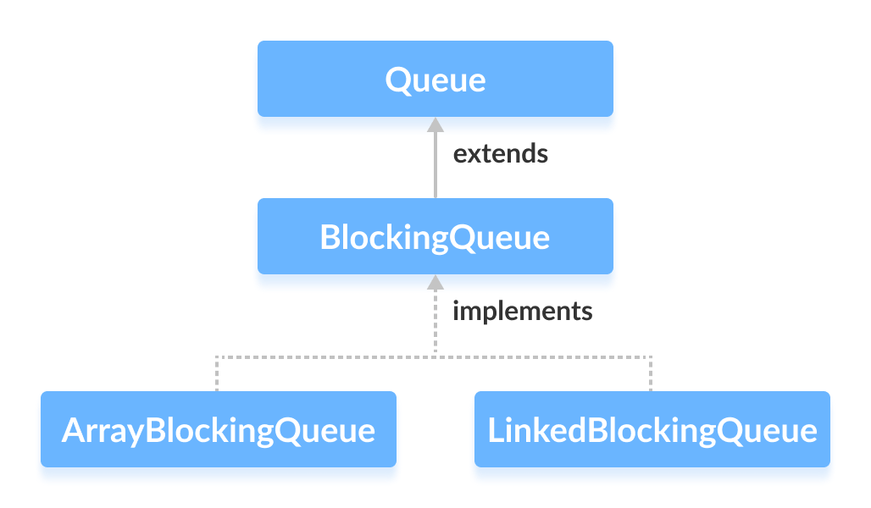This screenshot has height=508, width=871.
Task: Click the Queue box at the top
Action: coord(435,79)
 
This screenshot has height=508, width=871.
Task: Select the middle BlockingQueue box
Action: coord(435,236)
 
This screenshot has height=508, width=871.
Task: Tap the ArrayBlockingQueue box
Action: coord(218,429)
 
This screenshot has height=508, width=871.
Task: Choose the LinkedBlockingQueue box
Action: coord(652,429)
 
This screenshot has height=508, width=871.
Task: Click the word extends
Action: coord(500,154)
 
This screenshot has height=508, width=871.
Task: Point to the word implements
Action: coord(522,311)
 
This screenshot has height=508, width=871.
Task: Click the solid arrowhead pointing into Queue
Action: coord(435,124)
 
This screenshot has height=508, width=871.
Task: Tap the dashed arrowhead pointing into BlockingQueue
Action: coord(435,282)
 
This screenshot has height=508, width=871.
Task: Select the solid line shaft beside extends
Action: coord(435,165)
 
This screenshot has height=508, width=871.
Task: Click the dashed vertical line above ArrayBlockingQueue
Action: coord(218,373)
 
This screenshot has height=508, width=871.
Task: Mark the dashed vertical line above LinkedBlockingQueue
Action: coord(652,373)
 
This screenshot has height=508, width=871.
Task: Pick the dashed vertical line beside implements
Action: coord(435,322)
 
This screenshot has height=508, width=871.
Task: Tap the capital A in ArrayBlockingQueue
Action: coord(73,430)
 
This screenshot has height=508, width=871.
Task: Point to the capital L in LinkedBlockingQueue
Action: coord(494,430)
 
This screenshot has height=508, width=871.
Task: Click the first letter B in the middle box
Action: coord(330,237)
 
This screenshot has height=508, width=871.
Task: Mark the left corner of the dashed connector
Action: coord(218,356)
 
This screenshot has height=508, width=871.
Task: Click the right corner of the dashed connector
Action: coord(652,356)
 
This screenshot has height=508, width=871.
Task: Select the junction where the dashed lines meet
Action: coord(435,356)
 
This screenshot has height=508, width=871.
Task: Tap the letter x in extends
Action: coord(475,155)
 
